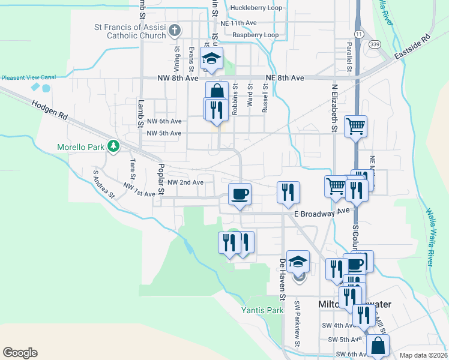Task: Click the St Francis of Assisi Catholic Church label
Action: [129, 31]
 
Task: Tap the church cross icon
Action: [175, 30]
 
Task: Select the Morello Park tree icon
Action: [113, 146]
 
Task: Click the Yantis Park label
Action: [262, 310]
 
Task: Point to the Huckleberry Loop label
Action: [256, 8]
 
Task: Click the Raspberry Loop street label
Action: [255, 35]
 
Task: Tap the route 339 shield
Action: [375, 44]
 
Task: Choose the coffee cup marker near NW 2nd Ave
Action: [240, 194]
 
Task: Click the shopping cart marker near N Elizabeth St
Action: [355, 127]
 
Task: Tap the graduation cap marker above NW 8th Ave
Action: [211, 58]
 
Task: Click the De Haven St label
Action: [282, 279]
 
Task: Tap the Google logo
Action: [20, 353]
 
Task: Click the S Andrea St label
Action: [104, 184]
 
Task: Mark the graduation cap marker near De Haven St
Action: [298, 261]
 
